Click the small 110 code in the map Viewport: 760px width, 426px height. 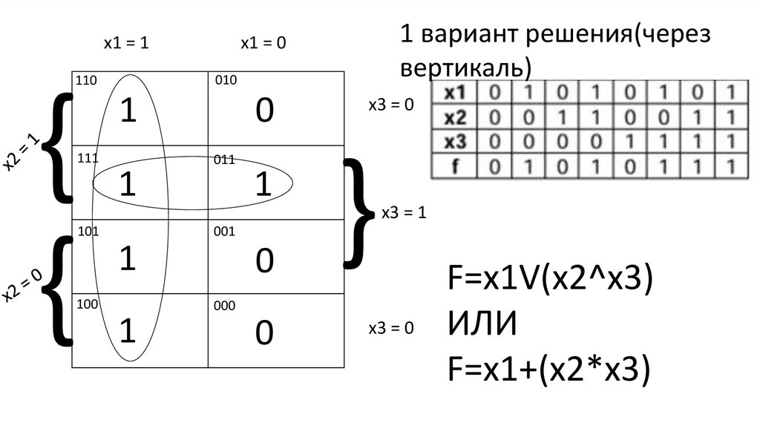click(86, 80)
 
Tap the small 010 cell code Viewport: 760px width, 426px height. click(226, 80)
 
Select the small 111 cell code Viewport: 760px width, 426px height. click(86, 159)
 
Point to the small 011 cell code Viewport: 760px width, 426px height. click(225, 159)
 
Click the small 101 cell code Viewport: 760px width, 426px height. click(88, 231)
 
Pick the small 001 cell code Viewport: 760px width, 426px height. click(225, 231)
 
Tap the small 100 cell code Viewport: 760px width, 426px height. click(86, 305)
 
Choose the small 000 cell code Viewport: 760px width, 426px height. click(225, 305)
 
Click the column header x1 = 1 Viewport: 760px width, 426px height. click(126, 44)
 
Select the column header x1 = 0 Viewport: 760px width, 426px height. click(263, 44)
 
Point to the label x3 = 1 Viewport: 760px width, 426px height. click(403, 214)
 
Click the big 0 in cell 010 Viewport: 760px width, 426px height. click(264, 111)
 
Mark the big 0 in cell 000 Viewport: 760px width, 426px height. click(264, 333)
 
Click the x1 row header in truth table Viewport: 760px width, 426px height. click(453, 94)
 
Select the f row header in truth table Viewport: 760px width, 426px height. click(453, 166)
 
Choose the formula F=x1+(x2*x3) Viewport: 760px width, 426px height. click(549, 369)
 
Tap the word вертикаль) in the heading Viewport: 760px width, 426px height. click(466, 68)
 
